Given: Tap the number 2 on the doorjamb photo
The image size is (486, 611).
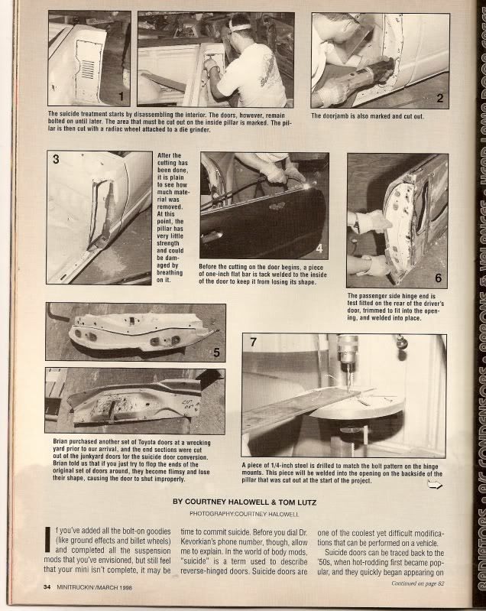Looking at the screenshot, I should pos(439,97).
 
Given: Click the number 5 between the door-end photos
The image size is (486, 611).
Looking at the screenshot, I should pos(216,353).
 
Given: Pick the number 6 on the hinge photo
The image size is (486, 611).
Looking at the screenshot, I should pos(438,278).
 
